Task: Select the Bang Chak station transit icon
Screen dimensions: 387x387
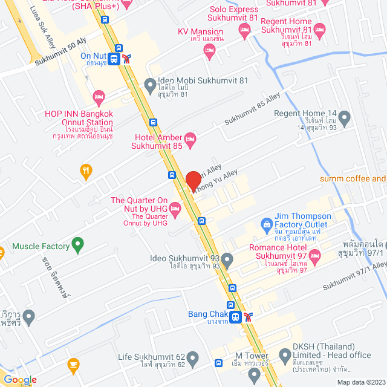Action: pyautogui.click(x=238, y=316)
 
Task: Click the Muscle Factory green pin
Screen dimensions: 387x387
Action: pyautogui.click(x=77, y=245)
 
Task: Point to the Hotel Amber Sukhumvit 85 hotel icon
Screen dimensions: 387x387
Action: pyautogui.click(x=190, y=141)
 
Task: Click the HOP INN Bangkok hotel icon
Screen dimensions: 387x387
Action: pyautogui.click(x=99, y=97)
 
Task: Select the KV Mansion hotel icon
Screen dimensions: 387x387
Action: pyautogui.click(x=210, y=53)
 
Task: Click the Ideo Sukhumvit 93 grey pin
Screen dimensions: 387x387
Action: pyautogui.click(x=227, y=261)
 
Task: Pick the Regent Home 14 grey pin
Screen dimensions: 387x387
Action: pyautogui.click(x=345, y=119)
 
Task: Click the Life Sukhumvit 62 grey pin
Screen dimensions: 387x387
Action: pyautogui.click(x=193, y=359)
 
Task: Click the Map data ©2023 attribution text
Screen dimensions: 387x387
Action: pyautogui.click(x=360, y=382)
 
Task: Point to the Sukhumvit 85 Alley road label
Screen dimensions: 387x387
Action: pyautogui.click(x=253, y=113)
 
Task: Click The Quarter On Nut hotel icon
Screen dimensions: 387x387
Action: pyautogui.click(x=175, y=210)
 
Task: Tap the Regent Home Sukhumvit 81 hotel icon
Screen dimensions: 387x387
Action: pyautogui.click(x=320, y=30)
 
